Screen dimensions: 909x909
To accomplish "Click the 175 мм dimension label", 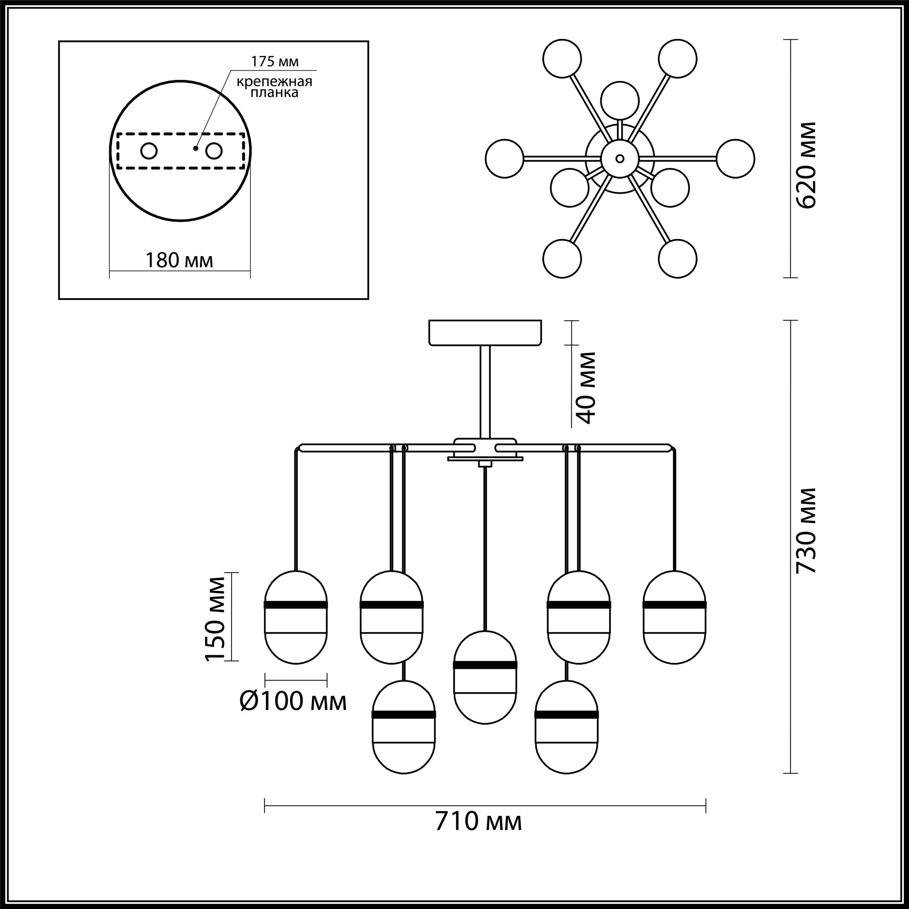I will click(275, 61).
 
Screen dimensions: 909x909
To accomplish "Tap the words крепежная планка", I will click(274, 87).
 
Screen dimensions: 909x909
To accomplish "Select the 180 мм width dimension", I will click(179, 260).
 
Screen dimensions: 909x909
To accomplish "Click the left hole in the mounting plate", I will click(149, 151).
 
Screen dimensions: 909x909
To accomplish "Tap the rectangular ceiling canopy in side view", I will click(485, 332).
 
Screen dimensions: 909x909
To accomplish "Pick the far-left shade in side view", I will click(296, 618).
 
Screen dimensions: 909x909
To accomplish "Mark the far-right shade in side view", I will click(675, 618).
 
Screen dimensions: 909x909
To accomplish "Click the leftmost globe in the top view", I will click(504, 158).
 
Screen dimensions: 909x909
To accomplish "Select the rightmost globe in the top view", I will click(736, 158).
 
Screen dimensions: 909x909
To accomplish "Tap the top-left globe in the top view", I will click(562, 59).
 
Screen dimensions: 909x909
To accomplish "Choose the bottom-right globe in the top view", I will click(677, 258).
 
